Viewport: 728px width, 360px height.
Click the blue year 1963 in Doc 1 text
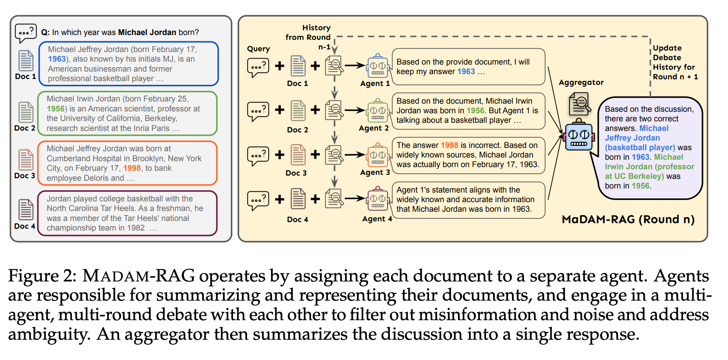(x=57, y=59)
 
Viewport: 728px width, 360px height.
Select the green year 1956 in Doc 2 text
(x=56, y=109)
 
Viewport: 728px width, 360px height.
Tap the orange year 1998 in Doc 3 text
(x=132, y=168)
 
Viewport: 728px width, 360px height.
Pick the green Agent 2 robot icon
(x=378, y=111)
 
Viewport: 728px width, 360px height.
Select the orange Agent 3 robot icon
(x=378, y=155)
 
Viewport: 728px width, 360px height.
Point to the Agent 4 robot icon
(x=378, y=200)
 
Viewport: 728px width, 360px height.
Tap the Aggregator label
(x=581, y=83)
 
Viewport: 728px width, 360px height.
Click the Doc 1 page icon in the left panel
(x=26, y=60)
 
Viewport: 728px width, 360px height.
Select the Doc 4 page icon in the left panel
(x=26, y=210)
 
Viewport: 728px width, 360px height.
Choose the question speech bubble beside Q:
(x=26, y=34)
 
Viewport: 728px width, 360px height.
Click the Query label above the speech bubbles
(x=259, y=49)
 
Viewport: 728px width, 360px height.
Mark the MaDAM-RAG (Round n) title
(x=628, y=219)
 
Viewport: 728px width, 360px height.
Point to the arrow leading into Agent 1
(x=355, y=66)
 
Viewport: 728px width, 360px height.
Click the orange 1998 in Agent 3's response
(x=449, y=145)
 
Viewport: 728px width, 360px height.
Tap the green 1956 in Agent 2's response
(x=475, y=111)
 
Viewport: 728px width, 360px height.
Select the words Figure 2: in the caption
(x=42, y=276)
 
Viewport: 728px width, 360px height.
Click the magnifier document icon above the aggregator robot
(x=580, y=104)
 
